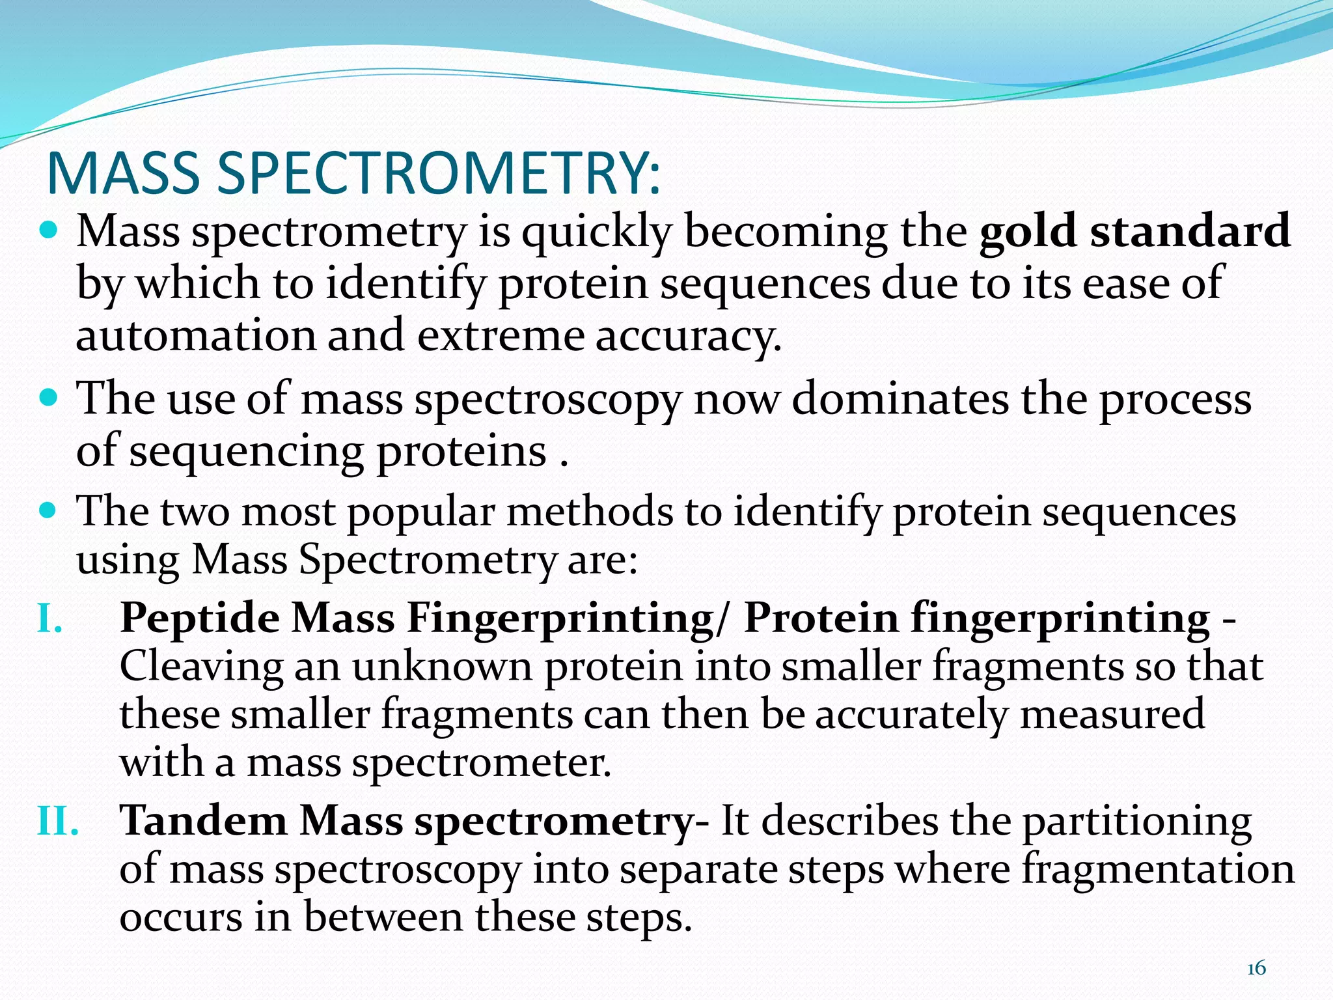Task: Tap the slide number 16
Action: pyautogui.click(x=1256, y=969)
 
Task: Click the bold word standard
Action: pyautogui.click(x=1190, y=230)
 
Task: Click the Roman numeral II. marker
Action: pyautogui.click(x=58, y=821)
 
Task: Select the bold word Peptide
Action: pyautogui.click(x=200, y=617)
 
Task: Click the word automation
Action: pyautogui.click(x=195, y=335)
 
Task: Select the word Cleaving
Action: pyautogui.click(x=201, y=667)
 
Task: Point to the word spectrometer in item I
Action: pyautogui.click(x=482, y=763)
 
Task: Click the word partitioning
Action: pyautogui.click(x=1136, y=822)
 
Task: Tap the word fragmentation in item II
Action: pyautogui.click(x=1157, y=869)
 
